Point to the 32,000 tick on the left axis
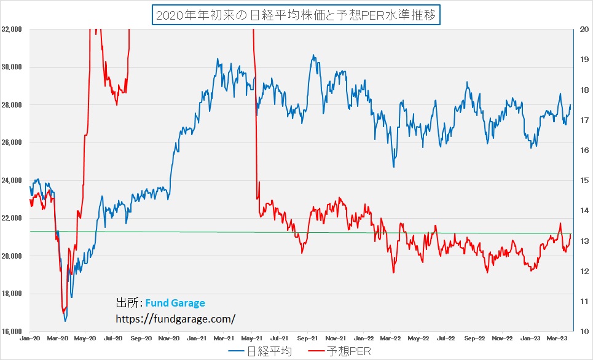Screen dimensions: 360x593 [x=13, y=29]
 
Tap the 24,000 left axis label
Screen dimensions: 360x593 [x=13, y=180]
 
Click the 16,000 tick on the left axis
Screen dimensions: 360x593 [x=13, y=332]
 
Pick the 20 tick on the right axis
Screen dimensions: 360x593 [x=581, y=29]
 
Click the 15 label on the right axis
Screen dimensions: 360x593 [x=581, y=180]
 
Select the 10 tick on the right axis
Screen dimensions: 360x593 [x=581, y=332]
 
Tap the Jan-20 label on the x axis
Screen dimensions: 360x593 [x=29, y=338]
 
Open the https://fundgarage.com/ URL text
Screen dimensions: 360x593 [x=176, y=319]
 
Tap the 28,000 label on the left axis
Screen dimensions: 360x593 [x=13, y=104]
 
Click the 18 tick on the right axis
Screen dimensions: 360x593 [x=581, y=90]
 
